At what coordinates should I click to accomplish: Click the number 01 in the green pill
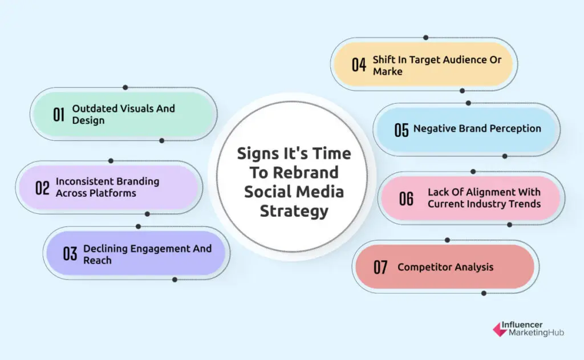59,114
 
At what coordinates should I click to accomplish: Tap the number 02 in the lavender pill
42,187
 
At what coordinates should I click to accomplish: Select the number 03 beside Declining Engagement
70,254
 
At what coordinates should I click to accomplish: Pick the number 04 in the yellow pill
359,64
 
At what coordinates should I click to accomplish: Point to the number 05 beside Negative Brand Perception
401,130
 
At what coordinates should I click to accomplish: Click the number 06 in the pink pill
406,199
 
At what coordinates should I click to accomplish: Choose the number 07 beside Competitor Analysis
380,267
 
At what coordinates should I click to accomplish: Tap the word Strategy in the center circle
294,211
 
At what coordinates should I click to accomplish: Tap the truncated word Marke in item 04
388,71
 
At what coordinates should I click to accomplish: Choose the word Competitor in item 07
423,267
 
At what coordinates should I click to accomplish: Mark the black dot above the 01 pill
125,87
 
